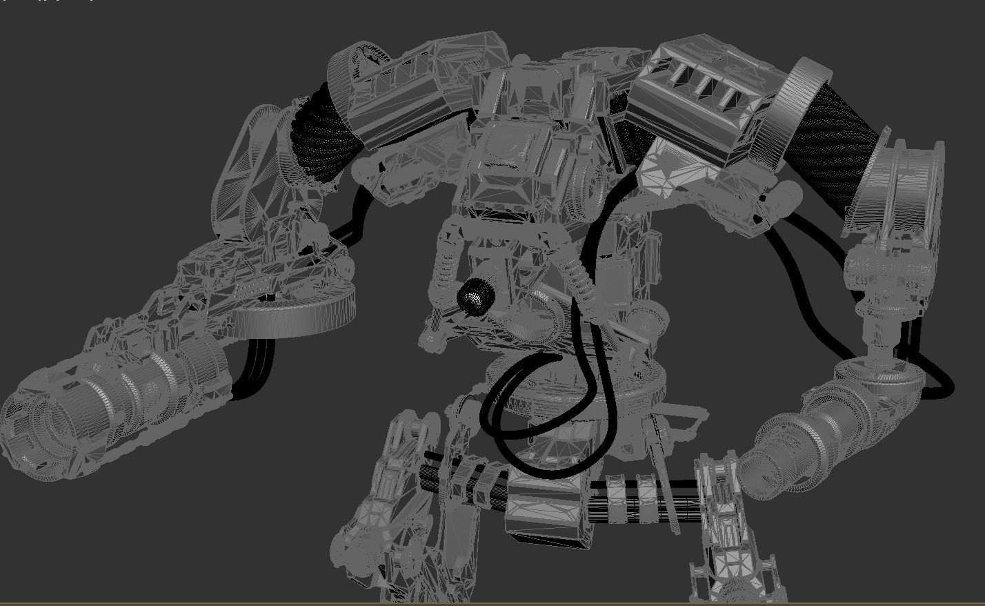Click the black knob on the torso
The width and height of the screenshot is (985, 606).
tap(475, 297)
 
